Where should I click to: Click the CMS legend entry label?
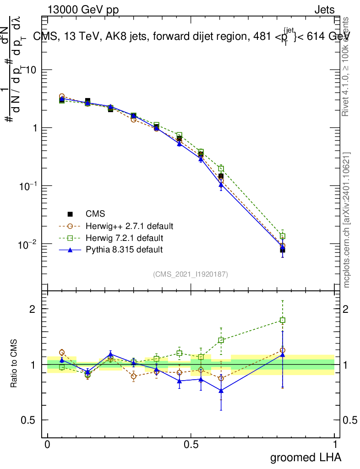tap(95, 214)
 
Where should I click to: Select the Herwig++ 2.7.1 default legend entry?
tap(129, 226)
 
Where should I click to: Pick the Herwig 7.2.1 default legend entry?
tap(124, 238)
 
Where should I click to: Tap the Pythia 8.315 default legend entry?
tap(124, 250)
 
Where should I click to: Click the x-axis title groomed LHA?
tap(305, 457)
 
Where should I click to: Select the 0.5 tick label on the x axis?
tap(191, 444)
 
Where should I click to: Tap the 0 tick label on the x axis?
tap(47, 444)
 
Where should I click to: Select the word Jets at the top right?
tap(324, 10)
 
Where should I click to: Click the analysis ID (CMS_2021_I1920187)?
tap(191, 274)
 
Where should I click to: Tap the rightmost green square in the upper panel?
tap(283, 236)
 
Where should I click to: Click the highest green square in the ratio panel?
tap(283, 320)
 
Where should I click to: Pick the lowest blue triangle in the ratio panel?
tap(221, 391)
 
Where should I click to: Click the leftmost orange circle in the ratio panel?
tap(62, 352)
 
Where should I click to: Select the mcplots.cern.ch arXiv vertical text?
tap(347, 220)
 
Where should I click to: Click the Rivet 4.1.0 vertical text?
tap(346, 67)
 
